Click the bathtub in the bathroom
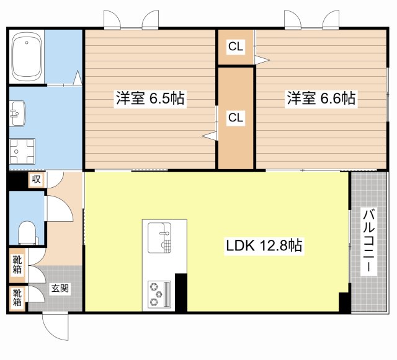tap(27, 56)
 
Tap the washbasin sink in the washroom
tap(17, 113)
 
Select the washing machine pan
tap(22, 151)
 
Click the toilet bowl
tap(27, 233)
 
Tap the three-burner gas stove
tap(159, 294)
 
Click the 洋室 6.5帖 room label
tap(150, 98)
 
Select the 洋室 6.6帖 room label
tap(321, 98)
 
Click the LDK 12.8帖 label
tap(264, 245)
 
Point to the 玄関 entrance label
tap(60, 288)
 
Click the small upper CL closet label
tap(236, 46)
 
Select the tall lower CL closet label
tap(236, 117)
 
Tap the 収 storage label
tap(36, 179)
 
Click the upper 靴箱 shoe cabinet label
tap(17, 265)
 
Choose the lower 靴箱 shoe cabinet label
tap(17, 298)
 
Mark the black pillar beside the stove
tap(181, 292)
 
